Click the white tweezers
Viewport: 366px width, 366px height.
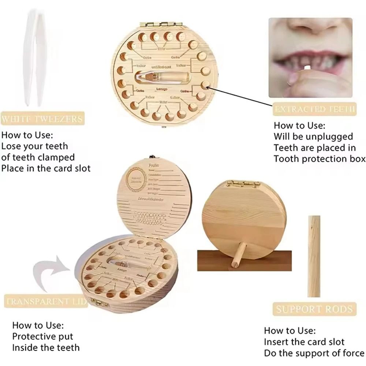pos(36,59)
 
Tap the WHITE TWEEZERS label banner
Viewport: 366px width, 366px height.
pos(42,119)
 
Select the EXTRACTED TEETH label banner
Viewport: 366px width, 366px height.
pos(314,109)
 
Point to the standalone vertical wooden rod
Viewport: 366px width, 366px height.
pos(314,256)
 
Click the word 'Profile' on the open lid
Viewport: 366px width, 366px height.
pos(154,165)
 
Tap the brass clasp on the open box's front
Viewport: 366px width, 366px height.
pos(97,302)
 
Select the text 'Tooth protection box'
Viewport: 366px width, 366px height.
pos(320,159)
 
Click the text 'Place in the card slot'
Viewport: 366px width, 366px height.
pos(46,169)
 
